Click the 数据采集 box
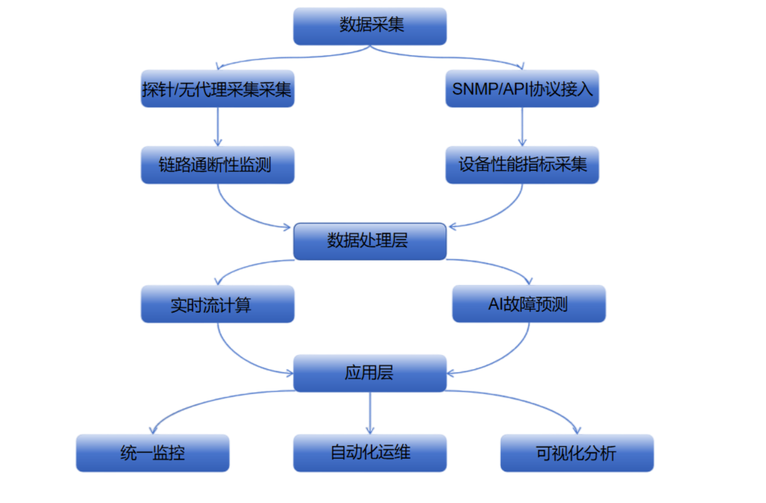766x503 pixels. coord(370,26)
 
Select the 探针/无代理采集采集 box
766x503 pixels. coord(217,89)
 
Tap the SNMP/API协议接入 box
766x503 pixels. coord(522,89)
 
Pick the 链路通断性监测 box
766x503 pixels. coord(217,165)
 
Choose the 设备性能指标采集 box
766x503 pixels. coord(522,165)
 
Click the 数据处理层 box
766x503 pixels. coord(370,241)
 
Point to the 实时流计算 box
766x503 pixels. coord(217,304)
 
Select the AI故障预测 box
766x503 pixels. coord(528,304)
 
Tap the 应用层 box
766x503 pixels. coord(370,373)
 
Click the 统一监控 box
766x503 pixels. coord(152,453)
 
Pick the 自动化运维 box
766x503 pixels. coord(370,453)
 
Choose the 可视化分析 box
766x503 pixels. coord(577,453)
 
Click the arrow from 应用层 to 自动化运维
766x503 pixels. coord(370,412)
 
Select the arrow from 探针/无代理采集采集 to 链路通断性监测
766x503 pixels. coord(217,127)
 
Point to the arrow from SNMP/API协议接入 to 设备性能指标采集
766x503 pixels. coord(522,127)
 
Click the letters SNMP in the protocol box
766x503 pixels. coord(470,89)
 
